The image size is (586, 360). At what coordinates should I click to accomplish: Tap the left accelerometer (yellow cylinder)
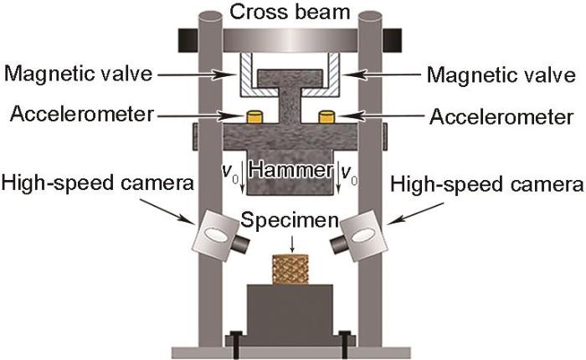(x=254, y=116)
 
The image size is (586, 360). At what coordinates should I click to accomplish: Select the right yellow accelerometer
(x=326, y=116)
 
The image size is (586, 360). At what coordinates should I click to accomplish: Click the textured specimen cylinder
(x=290, y=269)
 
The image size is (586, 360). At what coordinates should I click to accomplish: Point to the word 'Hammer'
(x=291, y=171)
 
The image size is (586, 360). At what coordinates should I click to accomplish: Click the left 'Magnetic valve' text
(x=79, y=74)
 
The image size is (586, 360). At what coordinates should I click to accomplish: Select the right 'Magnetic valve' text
(x=501, y=75)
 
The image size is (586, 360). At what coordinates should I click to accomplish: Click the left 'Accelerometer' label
(x=82, y=114)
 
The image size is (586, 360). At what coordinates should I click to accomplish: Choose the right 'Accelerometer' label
(x=501, y=116)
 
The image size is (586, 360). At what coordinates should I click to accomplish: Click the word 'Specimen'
(x=290, y=220)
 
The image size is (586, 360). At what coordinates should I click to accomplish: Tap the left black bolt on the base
(x=236, y=344)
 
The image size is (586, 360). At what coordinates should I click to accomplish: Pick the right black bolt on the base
(x=345, y=344)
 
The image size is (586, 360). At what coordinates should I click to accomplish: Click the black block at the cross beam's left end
(x=188, y=40)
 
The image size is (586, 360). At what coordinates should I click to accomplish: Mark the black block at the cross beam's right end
(x=392, y=40)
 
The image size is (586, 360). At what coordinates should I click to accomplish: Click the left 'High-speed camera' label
(x=98, y=184)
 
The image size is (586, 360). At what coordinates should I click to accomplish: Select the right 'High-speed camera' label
(x=487, y=185)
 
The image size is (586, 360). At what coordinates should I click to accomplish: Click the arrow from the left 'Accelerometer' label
(x=199, y=116)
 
